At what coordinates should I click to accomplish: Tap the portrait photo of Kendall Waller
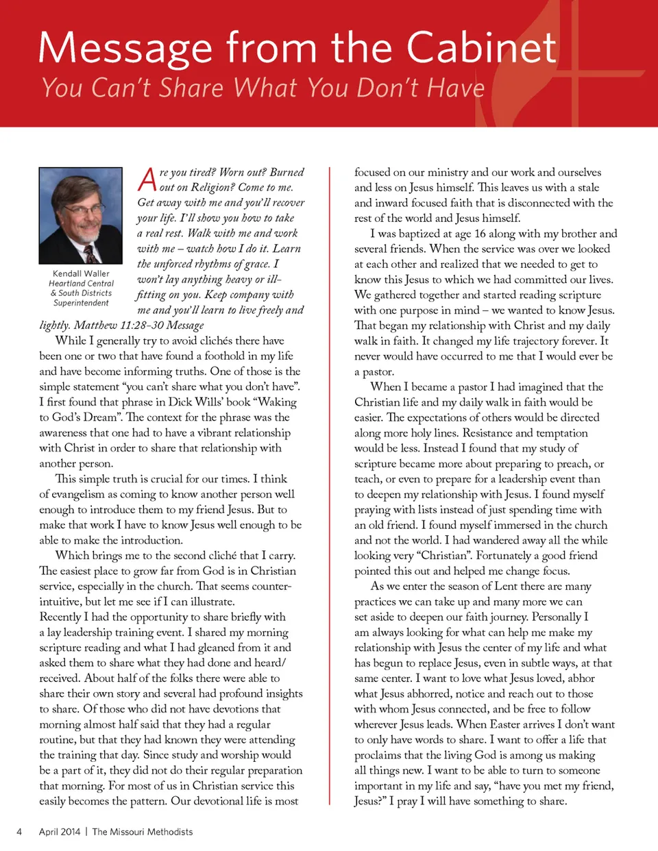[81, 216]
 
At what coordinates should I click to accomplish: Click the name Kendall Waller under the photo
[81, 273]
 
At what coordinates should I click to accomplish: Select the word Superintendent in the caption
[81, 303]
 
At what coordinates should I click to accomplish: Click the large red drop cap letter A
[147, 180]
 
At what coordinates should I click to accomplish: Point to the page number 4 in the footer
[19, 832]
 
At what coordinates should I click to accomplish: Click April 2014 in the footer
[60, 832]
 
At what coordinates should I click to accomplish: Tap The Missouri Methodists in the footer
[143, 832]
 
